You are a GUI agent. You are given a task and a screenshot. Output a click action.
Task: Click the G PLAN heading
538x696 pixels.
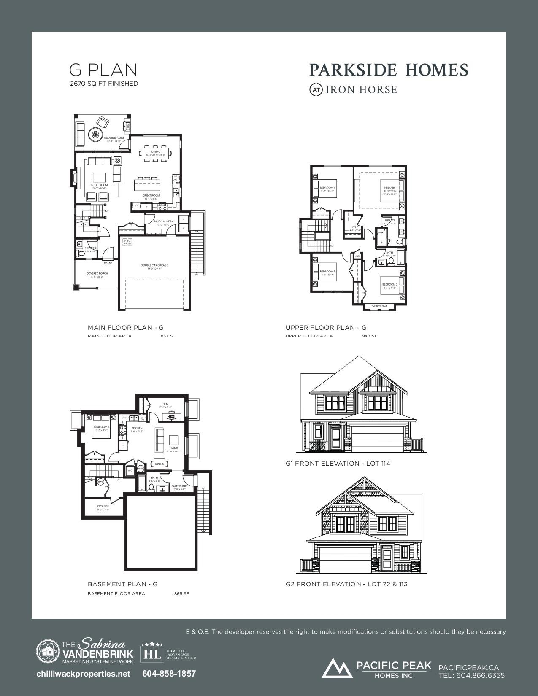(x=103, y=70)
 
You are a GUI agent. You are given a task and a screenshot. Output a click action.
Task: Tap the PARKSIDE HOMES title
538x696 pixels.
(x=389, y=70)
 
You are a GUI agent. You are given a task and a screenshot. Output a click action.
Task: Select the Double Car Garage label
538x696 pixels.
(x=154, y=266)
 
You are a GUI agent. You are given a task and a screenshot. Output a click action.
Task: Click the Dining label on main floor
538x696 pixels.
(x=156, y=152)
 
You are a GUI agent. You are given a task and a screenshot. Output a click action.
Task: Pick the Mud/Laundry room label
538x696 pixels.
(x=163, y=221)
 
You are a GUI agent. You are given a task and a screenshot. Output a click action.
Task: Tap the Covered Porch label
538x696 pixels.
(x=97, y=274)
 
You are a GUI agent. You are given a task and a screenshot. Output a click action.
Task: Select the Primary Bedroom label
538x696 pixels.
(x=390, y=189)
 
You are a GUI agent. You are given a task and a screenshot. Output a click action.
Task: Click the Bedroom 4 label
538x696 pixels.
(x=327, y=188)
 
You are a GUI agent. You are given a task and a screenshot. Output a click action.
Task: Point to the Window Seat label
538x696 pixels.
(x=379, y=306)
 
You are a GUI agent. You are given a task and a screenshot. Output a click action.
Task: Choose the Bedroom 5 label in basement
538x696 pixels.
(x=101, y=427)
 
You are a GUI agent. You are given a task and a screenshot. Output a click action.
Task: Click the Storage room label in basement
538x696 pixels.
(x=103, y=507)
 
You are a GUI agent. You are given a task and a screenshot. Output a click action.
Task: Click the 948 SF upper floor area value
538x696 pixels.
(x=370, y=336)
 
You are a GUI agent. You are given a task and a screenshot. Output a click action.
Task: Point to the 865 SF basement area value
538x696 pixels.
(x=181, y=594)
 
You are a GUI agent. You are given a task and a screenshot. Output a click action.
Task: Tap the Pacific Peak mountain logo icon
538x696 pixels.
(x=337, y=668)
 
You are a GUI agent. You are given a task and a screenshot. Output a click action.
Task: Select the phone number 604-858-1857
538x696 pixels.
(x=169, y=674)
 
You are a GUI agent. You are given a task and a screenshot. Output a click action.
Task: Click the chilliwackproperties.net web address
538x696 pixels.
(x=84, y=674)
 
